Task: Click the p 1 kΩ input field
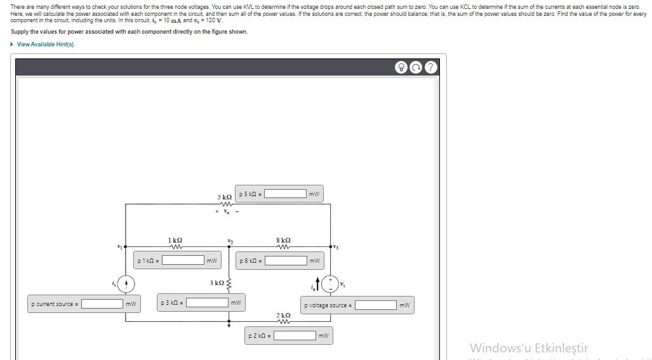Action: (x=183, y=260)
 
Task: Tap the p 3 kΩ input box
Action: (x=207, y=303)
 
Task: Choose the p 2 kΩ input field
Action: (x=296, y=335)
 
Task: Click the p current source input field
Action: (x=102, y=304)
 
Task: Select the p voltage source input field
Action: (x=376, y=305)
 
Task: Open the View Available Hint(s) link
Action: (x=45, y=44)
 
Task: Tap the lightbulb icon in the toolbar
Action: (x=401, y=67)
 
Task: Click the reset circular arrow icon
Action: (x=416, y=67)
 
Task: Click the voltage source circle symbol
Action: (x=331, y=283)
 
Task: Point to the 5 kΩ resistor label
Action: (x=224, y=197)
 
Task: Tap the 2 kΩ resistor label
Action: (x=283, y=316)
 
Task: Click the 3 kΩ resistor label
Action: (x=216, y=282)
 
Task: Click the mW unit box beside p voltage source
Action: (x=406, y=305)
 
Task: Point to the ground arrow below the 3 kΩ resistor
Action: (x=230, y=323)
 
